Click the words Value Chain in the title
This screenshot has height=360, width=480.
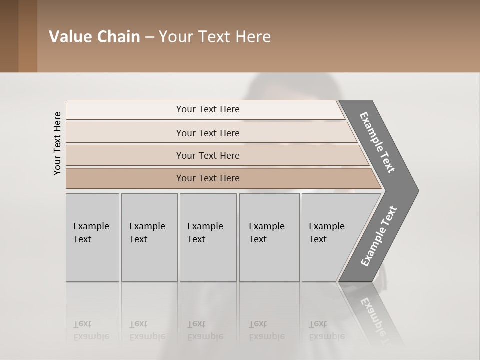coord(94,37)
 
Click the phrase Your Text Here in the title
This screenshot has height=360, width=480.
coord(215,37)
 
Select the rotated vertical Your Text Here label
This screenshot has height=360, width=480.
coord(57,143)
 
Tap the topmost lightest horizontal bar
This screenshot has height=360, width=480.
coord(208,109)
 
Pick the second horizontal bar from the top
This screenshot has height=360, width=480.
coord(208,133)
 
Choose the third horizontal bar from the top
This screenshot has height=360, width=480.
coord(208,155)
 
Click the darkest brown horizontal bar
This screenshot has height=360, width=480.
coord(208,178)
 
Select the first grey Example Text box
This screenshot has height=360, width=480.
coord(92,237)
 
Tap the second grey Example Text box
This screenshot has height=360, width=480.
coord(149,237)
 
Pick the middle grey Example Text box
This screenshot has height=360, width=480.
coord(208,237)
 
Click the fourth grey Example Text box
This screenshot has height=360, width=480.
coord(269,237)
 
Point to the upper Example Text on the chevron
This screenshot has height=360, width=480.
coord(378,142)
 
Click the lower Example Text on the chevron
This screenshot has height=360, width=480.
coord(379,236)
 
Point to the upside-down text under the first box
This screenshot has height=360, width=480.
coord(91,330)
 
